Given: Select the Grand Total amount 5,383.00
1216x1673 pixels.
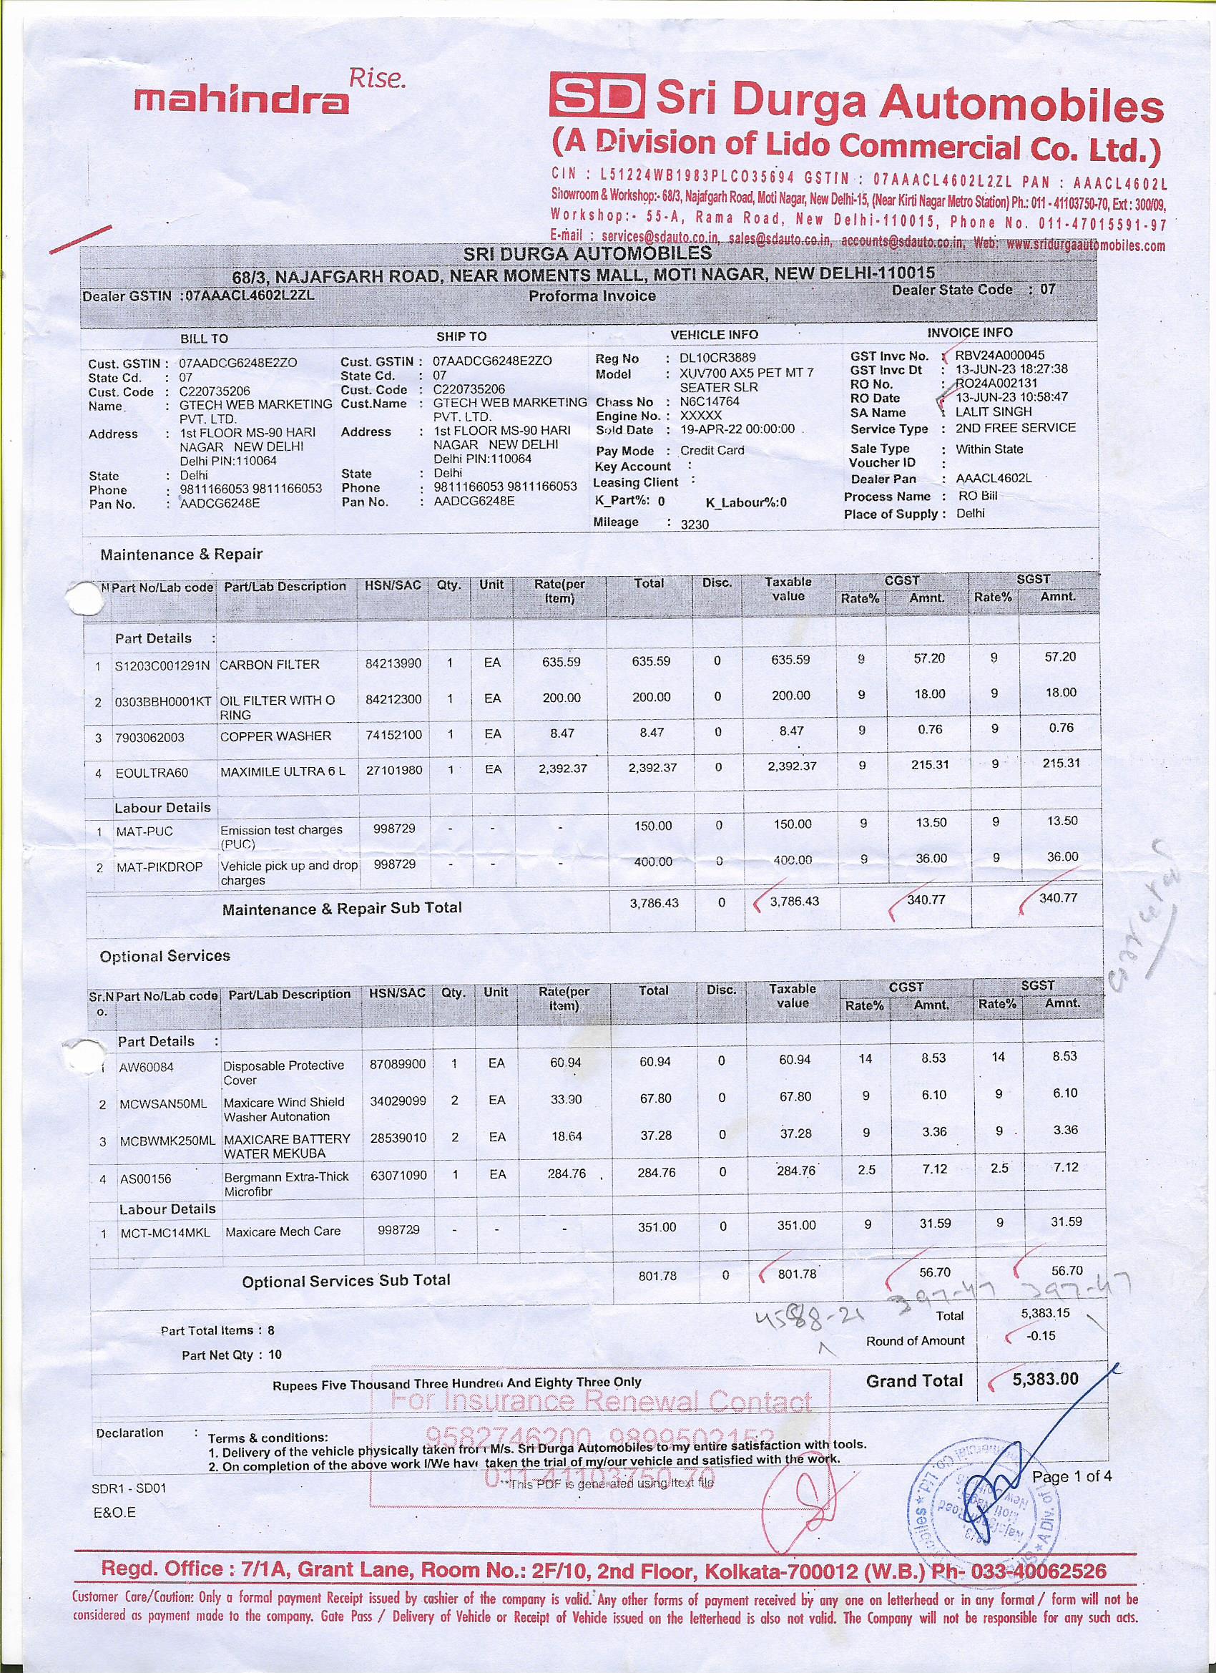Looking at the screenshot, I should [x=1045, y=1379].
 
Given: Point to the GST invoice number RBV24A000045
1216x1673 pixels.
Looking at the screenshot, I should [x=999, y=356].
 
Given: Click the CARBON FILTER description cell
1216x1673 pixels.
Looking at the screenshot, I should [x=269, y=665].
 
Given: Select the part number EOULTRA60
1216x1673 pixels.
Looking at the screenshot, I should [x=152, y=773].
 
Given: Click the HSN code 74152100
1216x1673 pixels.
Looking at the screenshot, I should [x=394, y=735].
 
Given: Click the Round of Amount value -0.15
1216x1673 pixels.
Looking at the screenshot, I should [x=1041, y=1335].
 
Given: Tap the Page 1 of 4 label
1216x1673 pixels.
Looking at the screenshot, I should [x=1072, y=1476].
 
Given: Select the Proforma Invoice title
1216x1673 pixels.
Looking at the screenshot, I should [x=592, y=296].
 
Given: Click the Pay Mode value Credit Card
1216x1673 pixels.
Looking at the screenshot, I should [x=712, y=450].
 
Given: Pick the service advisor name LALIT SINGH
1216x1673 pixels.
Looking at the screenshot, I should [x=994, y=411].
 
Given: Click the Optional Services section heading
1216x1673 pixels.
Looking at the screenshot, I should [x=165, y=956].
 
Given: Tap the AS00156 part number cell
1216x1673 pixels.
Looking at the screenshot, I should [x=145, y=1179].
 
